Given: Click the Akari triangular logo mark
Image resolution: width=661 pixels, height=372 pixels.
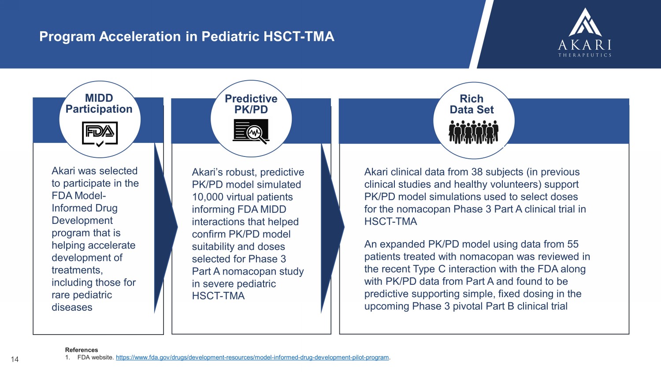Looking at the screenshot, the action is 585,22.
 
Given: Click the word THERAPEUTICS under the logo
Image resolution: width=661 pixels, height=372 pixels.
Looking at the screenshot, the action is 585,55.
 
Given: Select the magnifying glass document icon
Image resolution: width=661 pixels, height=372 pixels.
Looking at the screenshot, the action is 251,131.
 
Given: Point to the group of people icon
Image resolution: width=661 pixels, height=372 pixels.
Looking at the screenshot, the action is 474,132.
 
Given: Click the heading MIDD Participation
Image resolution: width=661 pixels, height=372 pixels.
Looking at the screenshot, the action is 99,103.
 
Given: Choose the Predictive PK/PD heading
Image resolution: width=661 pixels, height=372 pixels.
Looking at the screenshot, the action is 251,104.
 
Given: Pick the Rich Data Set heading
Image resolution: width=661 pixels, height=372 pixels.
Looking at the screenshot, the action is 472,104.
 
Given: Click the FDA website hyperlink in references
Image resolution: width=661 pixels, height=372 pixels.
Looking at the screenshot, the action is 253,357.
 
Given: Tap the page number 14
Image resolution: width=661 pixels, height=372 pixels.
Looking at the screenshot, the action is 15,359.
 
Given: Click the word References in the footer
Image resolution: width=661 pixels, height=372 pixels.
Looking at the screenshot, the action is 82,350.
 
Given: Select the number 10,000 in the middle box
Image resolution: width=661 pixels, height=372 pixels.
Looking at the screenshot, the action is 206,197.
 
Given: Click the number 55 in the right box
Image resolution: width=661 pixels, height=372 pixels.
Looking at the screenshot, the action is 573,244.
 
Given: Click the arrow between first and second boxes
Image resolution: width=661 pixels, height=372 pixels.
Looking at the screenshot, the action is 166,227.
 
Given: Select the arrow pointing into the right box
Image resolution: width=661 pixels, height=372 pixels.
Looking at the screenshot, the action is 333,227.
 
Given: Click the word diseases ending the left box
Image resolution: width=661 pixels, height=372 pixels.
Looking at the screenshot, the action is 72,307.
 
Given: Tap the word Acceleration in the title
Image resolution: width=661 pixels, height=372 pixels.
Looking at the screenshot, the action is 140,37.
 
